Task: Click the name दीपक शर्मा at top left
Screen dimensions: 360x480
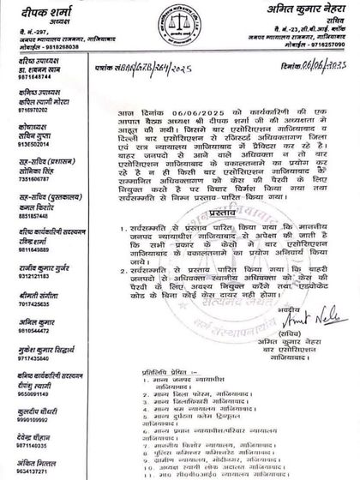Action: pyautogui.click(x=30, y=9)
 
